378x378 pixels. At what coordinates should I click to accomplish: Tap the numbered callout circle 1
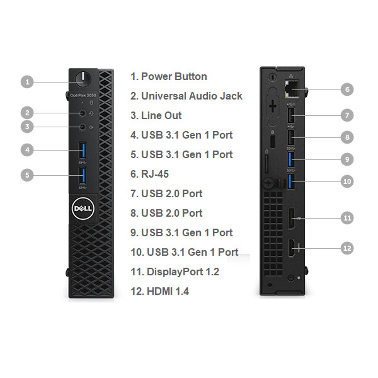coord(26,81)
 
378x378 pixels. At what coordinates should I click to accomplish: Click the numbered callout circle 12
coord(346,248)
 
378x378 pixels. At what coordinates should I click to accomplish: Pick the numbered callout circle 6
coord(346,89)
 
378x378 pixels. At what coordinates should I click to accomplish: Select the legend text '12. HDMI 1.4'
coord(159,291)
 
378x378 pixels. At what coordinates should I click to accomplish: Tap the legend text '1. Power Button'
coord(168,76)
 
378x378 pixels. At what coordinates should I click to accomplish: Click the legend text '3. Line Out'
coord(156,115)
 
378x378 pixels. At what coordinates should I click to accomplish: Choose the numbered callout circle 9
coord(346,159)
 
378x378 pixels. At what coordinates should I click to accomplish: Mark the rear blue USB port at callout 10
coord(291,181)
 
